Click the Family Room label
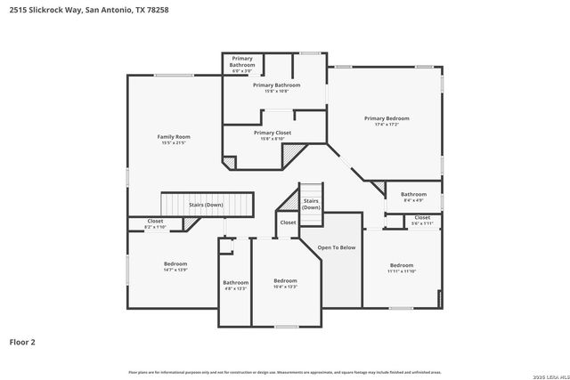(174, 136)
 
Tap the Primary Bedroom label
(387, 117)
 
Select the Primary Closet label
(273, 133)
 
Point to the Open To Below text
(337, 247)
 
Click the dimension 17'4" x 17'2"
(387, 124)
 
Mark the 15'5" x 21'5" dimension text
(174, 142)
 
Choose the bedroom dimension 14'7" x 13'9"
(175, 270)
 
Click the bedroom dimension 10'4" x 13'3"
(285, 287)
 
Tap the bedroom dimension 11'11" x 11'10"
(401, 271)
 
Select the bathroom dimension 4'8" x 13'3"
(235, 288)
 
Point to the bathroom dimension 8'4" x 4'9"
(413, 200)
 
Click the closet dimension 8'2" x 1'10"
(155, 227)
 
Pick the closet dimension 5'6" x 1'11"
(422, 222)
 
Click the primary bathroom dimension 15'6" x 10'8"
(276, 91)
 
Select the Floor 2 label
(22, 341)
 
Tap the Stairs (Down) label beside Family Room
(206, 205)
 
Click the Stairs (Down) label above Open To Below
(311, 204)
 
